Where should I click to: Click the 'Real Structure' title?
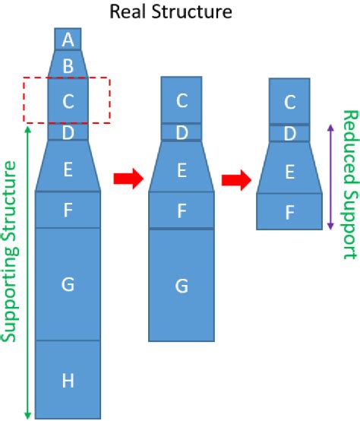coord(171,11)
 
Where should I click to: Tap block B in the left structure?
coord(68,65)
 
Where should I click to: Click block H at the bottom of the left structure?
coord(68,380)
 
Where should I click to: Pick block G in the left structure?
coord(68,283)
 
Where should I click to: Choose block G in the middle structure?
coord(181,286)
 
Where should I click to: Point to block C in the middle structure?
coord(181,100)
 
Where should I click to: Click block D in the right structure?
coord(289,133)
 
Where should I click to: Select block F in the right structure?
coord(289,212)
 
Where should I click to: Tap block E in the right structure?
coord(289,172)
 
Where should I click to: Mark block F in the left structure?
coord(68,209)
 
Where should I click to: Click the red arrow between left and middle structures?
coord(128,179)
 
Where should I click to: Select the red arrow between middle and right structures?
coord(236,179)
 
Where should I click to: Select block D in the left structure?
coord(68,133)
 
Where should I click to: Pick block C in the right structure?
coord(289,101)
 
